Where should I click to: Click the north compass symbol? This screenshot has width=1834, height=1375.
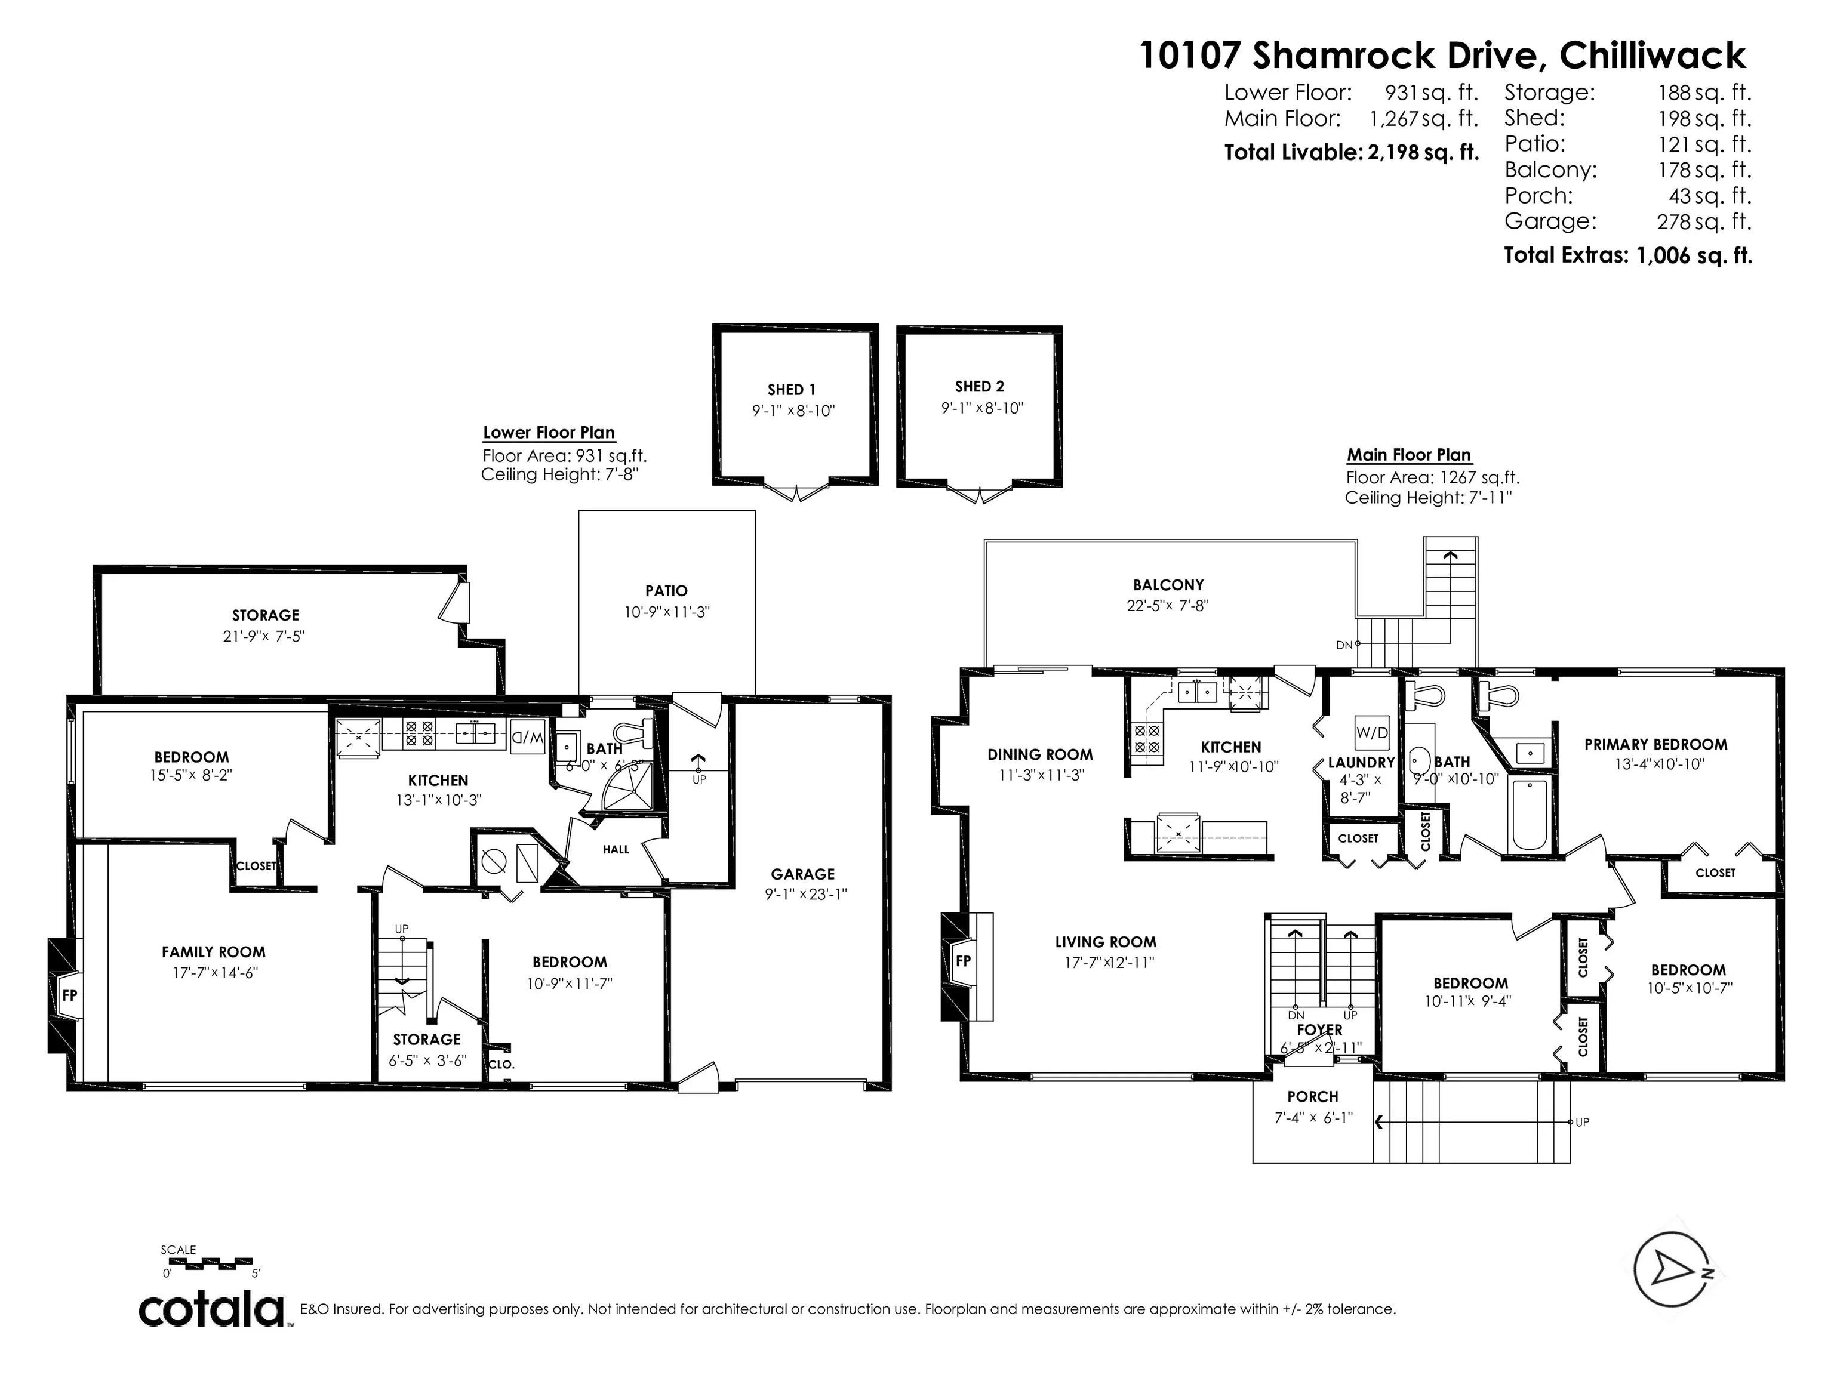(1670, 1268)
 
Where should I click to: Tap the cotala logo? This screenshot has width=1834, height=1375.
(213, 1309)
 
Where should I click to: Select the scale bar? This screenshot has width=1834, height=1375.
(211, 1263)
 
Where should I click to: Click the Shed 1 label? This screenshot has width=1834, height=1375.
(792, 390)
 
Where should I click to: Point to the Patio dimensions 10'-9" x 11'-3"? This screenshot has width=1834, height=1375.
(667, 612)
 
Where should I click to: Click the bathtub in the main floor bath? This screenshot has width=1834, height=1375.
(1528, 815)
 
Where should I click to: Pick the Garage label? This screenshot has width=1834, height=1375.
(802, 874)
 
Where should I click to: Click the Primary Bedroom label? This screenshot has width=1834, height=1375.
(1655, 744)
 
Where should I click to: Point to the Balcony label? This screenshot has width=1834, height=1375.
(1168, 585)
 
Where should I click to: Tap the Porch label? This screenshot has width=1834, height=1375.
(1312, 1096)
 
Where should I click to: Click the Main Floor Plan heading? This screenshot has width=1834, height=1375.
(1409, 455)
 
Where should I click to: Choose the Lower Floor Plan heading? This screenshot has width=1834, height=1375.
(549, 433)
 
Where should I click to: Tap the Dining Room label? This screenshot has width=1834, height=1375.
(1040, 754)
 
